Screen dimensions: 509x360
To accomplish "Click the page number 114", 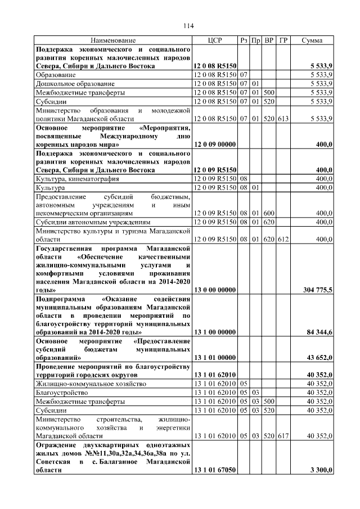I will pos(188,26).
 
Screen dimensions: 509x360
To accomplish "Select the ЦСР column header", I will pos(214,40).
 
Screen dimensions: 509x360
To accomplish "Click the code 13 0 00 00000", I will pos(214,290).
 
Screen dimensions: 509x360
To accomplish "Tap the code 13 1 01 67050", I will pos(214,470).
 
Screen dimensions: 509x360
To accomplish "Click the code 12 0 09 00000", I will pos(214,145).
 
